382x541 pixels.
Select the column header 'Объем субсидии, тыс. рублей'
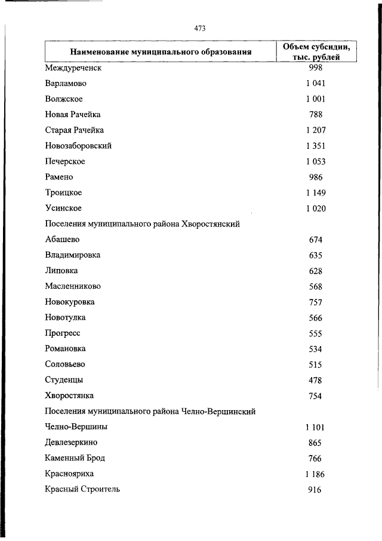pos(316,51)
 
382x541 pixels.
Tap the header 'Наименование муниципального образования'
pos(161,52)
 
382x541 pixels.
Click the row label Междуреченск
pos(73,68)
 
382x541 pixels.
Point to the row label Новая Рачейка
pos(72,114)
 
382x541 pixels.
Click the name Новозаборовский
pos(78,145)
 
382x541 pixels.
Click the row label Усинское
pos(63,208)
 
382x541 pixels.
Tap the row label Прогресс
pos(62,333)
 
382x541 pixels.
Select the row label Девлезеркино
pos(70,442)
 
